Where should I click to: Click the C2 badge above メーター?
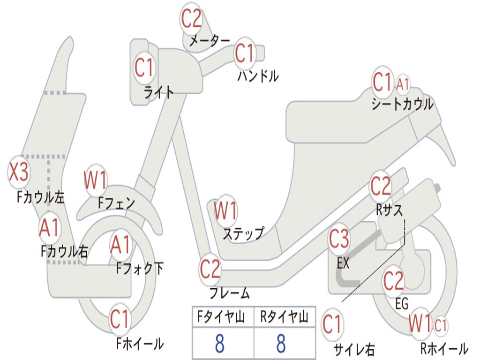point(192,19)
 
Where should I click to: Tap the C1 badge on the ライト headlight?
point(144,67)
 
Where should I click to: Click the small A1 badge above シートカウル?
point(403,85)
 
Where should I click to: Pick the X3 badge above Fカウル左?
point(19,172)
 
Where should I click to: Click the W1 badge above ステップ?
point(225,211)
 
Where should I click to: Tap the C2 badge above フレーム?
point(210,270)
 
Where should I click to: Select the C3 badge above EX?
point(339,240)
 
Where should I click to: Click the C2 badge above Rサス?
point(380,187)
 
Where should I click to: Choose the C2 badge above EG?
point(393,281)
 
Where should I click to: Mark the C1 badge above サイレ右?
point(332,324)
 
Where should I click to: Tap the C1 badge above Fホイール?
point(120,320)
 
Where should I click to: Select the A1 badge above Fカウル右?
point(49,228)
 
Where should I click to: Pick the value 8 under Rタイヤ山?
point(281,344)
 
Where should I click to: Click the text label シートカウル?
point(402,105)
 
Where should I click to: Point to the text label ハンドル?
point(258,75)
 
